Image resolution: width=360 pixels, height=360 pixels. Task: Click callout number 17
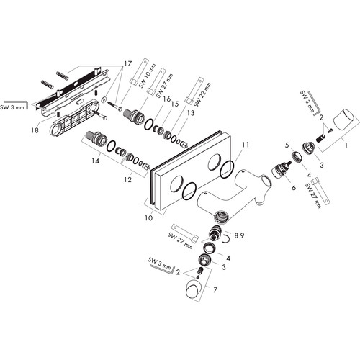coord(127,63)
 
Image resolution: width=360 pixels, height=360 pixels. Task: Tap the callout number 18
coord(35,130)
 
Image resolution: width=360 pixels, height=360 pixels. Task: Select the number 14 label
coord(95,161)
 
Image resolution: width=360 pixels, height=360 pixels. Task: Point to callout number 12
coord(128,179)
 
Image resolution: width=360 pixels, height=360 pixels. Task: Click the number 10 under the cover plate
coord(149,217)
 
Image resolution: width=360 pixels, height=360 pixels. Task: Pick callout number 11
coord(246,145)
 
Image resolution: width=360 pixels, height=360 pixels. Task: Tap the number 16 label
coord(166,99)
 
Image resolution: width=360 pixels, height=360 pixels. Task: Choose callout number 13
coord(191,113)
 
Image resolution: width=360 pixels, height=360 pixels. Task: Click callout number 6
coord(294,187)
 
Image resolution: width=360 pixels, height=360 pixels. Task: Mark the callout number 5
coord(287,145)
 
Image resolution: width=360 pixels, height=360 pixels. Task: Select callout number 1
coord(346,145)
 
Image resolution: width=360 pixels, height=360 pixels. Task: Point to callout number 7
coord(215,289)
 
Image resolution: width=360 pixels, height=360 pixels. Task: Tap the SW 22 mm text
coord(202,95)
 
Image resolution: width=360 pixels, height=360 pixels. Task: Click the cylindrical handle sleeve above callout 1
coord(344,119)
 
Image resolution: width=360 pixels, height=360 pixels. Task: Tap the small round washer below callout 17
coord(104,99)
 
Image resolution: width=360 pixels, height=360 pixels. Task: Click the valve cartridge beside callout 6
coord(280,169)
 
